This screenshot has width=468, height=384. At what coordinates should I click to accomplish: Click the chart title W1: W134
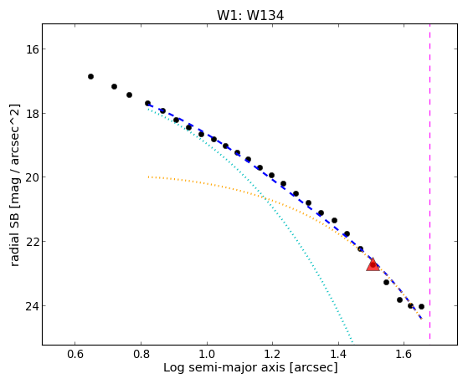(x=250, y=15)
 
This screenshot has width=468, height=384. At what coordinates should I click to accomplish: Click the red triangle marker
(x=373, y=264)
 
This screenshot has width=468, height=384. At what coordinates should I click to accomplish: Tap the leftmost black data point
(x=90, y=77)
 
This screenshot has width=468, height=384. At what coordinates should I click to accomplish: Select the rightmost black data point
(x=421, y=307)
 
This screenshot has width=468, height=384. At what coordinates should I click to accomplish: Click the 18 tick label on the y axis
(x=33, y=114)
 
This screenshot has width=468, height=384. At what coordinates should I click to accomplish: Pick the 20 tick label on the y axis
(x=33, y=177)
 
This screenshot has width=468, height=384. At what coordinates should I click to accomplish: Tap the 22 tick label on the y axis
(x=33, y=242)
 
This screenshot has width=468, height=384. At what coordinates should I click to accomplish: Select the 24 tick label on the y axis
(x=33, y=306)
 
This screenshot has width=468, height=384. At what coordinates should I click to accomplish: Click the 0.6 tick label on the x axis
(x=75, y=354)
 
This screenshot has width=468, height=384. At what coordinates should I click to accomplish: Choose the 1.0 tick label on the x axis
(x=207, y=354)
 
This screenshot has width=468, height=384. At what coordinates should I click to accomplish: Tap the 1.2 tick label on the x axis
(x=272, y=354)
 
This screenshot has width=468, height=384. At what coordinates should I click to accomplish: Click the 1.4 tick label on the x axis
(x=338, y=354)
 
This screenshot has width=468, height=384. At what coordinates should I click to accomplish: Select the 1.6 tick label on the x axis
(x=404, y=354)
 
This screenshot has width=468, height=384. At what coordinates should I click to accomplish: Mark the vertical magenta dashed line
(x=429, y=182)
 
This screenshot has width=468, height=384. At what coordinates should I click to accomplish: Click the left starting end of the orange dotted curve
(x=148, y=177)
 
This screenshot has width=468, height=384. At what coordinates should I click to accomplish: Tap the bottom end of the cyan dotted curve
(x=352, y=342)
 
